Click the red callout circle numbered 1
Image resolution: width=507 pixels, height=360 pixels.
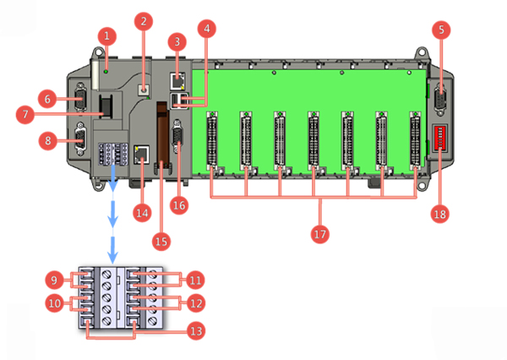(x=106, y=35)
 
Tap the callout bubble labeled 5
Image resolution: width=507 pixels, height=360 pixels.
(x=441, y=30)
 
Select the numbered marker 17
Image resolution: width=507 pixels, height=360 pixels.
(x=319, y=233)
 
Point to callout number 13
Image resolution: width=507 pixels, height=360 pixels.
(x=196, y=330)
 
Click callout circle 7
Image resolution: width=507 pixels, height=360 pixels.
(x=25, y=114)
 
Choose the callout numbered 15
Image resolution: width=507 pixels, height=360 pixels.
(x=161, y=242)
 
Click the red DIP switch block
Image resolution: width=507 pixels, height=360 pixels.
(x=439, y=138)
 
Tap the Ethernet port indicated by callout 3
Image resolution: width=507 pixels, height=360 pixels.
(x=177, y=81)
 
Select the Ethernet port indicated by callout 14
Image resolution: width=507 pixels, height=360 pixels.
(x=142, y=155)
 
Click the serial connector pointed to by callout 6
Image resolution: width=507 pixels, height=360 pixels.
(x=79, y=96)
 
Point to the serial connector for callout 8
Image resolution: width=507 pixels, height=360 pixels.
(x=80, y=139)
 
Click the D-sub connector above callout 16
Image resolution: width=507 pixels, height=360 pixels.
(x=177, y=137)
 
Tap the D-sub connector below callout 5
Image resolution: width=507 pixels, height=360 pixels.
(x=441, y=99)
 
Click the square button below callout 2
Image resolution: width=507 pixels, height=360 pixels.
(x=144, y=90)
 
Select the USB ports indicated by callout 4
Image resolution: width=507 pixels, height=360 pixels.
(x=179, y=100)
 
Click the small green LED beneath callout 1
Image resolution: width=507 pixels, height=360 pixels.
(x=106, y=71)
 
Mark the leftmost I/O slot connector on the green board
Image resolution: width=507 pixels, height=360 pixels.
(x=212, y=140)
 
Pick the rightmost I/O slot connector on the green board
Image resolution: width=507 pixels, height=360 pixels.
(x=415, y=140)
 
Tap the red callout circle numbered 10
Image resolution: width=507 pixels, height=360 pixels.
(x=55, y=303)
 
